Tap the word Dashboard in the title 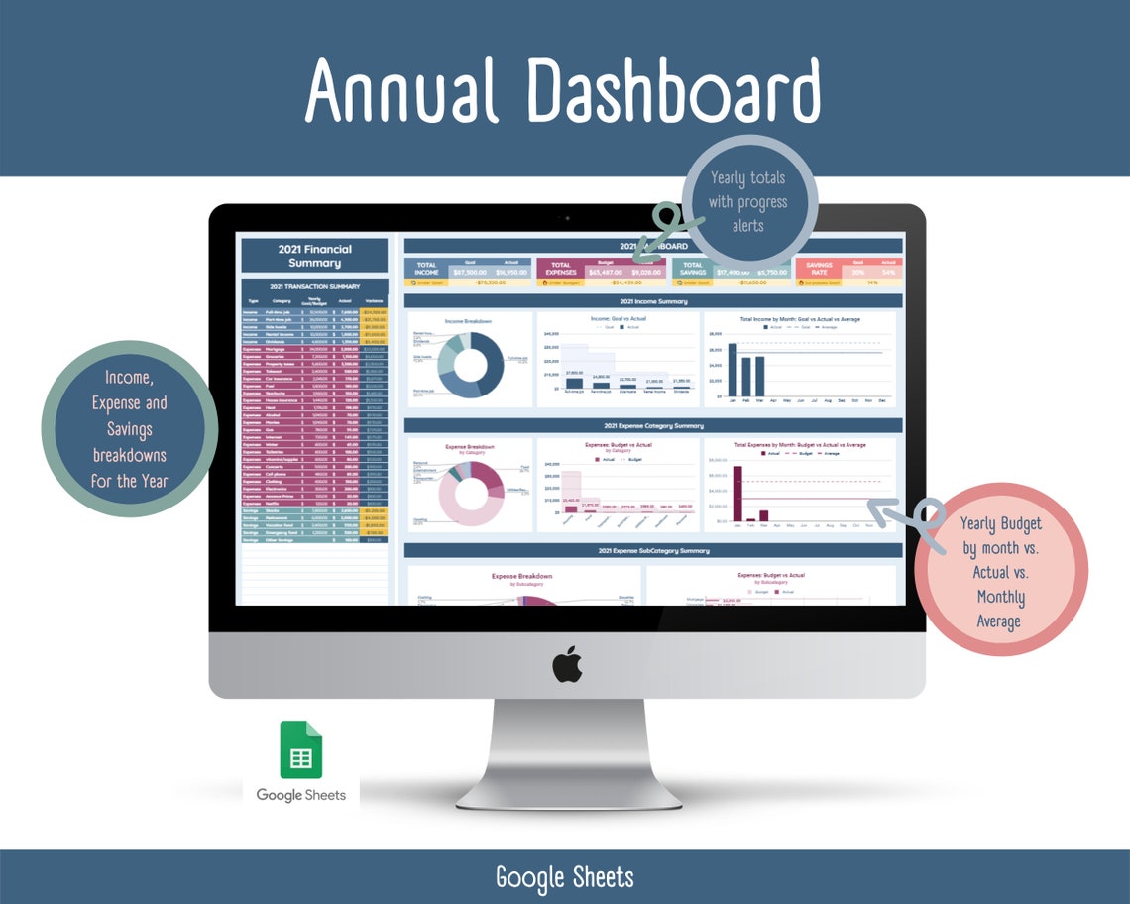click(x=673, y=90)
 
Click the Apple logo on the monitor click(x=567, y=664)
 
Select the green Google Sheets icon click(x=300, y=750)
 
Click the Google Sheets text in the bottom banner click(x=564, y=877)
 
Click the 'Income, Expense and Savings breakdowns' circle click(x=129, y=428)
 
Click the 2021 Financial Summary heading click(x=315, y=255)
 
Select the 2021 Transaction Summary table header click(x=315, y=286)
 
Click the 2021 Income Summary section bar click(x=652, y=301)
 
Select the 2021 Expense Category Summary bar click(x=652, y=425)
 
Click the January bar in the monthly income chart click(x=733, y=369)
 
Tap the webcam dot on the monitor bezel click(x=567, y=217)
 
